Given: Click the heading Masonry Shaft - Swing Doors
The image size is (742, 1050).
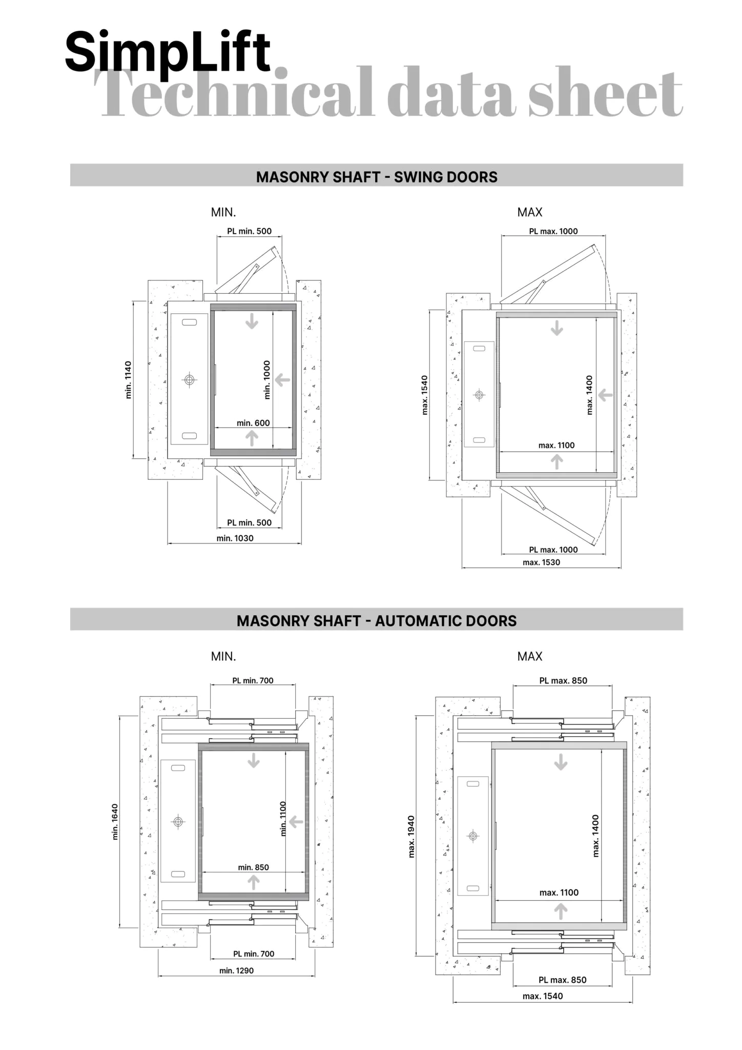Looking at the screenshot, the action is tap(377, 177).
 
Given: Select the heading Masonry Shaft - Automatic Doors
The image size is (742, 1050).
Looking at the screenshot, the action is tap(377, 621).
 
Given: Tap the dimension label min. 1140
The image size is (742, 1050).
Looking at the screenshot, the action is tap(128, 380).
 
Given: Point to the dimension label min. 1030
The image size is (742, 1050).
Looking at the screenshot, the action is tap(235, 538).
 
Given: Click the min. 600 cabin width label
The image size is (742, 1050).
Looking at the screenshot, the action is tap(253, 423).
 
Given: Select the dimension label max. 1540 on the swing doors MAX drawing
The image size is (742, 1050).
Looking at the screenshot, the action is tap(424, 395).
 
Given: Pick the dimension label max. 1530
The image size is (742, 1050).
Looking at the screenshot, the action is tap(541, 562).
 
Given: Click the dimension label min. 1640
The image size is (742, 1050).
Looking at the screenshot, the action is tap(115, 822).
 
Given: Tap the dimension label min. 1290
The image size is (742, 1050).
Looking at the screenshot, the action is tap(236, 971).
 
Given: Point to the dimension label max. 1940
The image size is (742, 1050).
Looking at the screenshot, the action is tap(411, 837).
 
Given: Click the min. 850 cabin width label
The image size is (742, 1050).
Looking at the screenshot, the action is tap(253, 867).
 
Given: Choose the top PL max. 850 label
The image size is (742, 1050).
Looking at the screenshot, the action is tap(563, 680).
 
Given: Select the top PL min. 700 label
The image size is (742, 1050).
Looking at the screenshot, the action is tap(253, 680).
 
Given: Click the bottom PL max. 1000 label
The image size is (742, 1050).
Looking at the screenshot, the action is tap(553, 550).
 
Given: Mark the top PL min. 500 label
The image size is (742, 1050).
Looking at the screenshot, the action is tap(249, 231).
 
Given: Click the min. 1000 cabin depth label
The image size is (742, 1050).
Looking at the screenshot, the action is tap(267, 380).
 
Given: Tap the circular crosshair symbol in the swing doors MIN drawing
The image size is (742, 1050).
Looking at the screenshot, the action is tap(190, 380).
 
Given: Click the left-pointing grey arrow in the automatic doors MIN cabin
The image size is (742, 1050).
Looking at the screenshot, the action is tap(296, 822).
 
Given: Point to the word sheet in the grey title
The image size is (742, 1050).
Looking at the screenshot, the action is tap(606, 92).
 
